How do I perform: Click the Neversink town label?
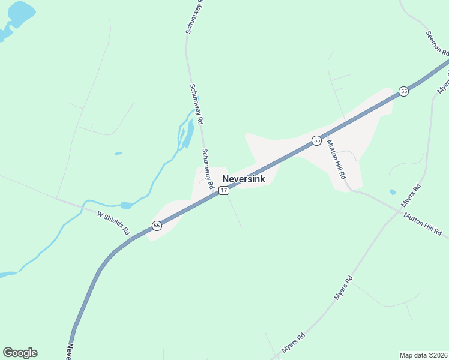tap(243, 179)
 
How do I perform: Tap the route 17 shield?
tap(223, 190)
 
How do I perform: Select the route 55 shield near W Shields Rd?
tap(157, 226)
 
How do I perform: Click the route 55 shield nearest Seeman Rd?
tap(403, 91)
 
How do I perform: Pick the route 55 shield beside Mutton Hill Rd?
tap(316, 140)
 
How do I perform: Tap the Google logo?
tap(20, 353)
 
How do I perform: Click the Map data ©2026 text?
tap(423, 355)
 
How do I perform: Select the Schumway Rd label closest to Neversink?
tap(208, 169)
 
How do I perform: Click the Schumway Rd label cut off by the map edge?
tap(194, 16)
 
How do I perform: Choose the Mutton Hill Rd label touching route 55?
tap(336, 160)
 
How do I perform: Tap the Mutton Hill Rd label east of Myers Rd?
tap(423, 224)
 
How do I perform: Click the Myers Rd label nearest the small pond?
tap(412, 195)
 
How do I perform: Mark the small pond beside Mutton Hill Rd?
tap(393, 192)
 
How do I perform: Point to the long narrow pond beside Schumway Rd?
tap(188, 133)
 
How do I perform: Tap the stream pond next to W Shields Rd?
tap(127, 205)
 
